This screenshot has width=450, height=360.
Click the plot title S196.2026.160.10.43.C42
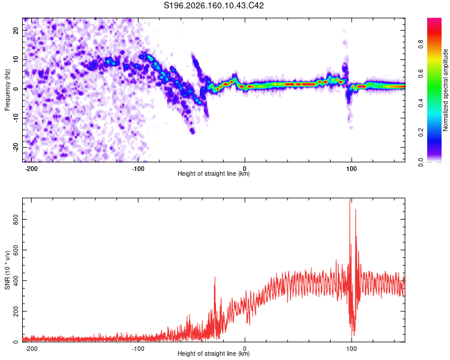coord(214,5)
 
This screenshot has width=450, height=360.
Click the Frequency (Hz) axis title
coord(7,90)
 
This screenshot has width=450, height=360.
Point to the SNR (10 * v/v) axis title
coord(7,270)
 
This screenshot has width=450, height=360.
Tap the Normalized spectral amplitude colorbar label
coord(445,90)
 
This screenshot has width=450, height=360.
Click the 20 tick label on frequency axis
coord(16,31)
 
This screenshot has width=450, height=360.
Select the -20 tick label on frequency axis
coord(16,147)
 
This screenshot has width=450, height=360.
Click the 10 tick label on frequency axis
coord(16,60)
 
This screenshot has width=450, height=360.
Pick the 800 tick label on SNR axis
coord(16,220)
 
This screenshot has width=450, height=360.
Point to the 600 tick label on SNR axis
coord(16,250)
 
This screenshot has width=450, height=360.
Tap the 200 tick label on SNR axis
coord(16,311)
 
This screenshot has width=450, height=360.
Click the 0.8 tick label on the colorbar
coord(421,44)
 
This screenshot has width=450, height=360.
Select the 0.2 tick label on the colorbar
coord(421,133)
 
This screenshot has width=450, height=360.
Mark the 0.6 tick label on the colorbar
coord(421,74)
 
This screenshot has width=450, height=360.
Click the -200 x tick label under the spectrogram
coord(31,169)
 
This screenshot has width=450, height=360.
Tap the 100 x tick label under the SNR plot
coord(351,349)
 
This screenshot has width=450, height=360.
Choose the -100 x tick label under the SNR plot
coord(138,349)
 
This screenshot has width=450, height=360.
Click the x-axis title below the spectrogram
coord(214,173)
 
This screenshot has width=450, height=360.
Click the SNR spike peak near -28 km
coord(215,277)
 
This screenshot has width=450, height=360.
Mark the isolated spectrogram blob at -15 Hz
coord(192,131)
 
